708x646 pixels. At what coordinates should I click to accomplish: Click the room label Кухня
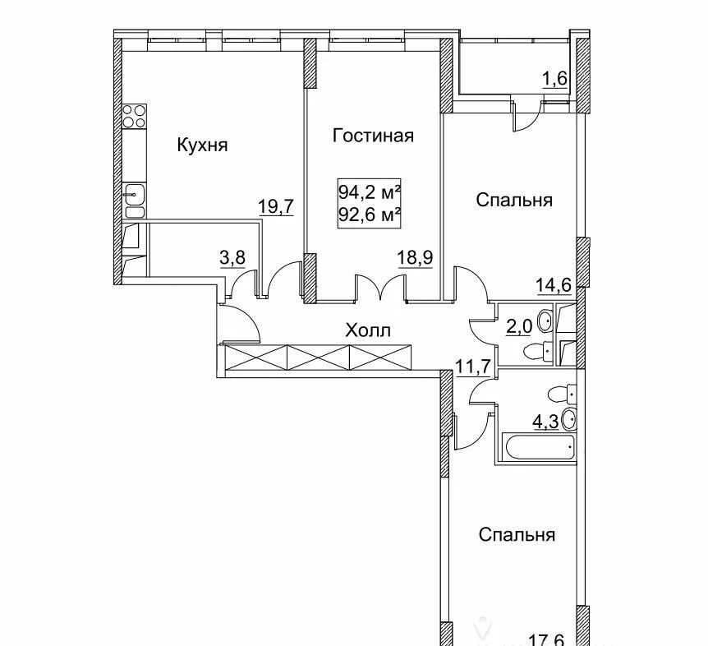click(202, 145)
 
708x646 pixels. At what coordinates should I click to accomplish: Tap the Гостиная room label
click(373, 136)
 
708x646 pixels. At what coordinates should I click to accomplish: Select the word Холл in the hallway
click(367, 330)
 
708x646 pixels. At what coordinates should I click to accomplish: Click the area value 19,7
click(276, 206)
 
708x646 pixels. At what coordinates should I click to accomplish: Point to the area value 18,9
click(415, 258)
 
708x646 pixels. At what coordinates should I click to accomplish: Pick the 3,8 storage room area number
click(232, 258)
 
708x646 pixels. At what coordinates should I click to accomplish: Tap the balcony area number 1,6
click(554, 79)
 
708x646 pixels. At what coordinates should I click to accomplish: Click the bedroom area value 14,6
click(554, 285)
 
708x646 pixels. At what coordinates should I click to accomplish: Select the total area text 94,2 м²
click(370, 193)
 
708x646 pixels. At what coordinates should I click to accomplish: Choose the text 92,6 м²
click(370, 215)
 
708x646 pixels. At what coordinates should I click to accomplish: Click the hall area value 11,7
click(473, 367)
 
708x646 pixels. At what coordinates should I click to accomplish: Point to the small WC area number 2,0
click(519, 325)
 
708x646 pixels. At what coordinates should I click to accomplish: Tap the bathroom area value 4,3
click(545, 422)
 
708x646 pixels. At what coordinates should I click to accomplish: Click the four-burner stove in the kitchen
click(134, 116)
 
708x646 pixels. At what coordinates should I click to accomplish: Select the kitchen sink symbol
click(134, 194)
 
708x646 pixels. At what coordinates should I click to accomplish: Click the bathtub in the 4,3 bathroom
click(539, 448)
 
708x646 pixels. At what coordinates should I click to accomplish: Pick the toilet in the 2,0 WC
click(538, 350)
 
